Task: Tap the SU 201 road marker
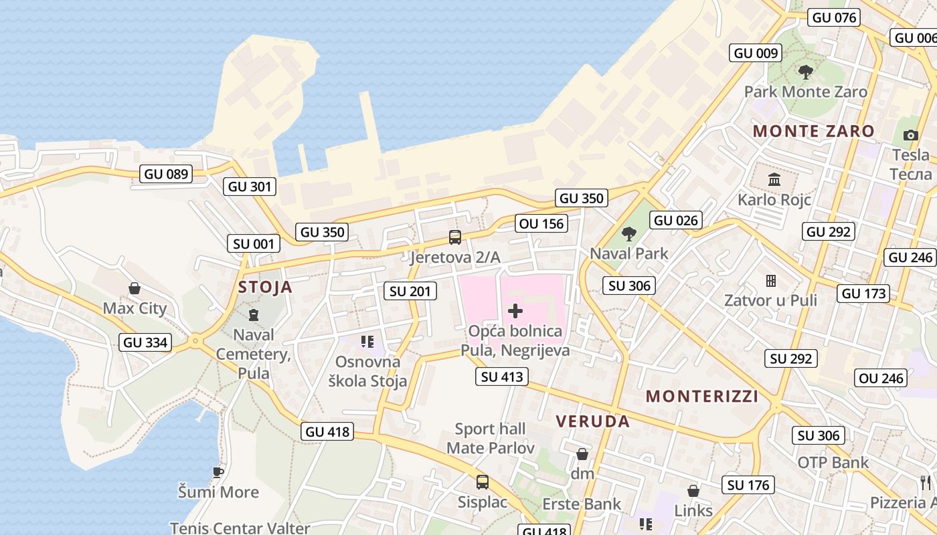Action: (x=412, y=291)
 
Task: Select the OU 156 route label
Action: (x=541, y=223)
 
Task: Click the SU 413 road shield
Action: (x=502, y=377)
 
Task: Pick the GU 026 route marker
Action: (x=676, y=220)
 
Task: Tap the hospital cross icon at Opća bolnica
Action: (x=515, y=310)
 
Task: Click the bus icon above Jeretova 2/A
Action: (x=455, y=237)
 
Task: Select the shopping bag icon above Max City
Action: (x=135, y=288)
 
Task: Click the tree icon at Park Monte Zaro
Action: (x=806, y=71)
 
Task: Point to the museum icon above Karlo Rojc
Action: (x=774, y=179)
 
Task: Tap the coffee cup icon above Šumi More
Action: (x=218, y=472)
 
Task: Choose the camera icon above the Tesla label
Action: (x=910, y=135)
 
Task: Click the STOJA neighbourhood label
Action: (x=266, y=287)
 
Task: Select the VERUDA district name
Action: (x=593, y=421)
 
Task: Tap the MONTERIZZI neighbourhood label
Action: (x=702, y=397)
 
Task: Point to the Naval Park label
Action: (x=628, y=253)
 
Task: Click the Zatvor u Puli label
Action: (x=770, y=300)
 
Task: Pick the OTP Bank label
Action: (x=833, y=462)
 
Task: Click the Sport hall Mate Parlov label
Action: (x=491, y=438)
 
